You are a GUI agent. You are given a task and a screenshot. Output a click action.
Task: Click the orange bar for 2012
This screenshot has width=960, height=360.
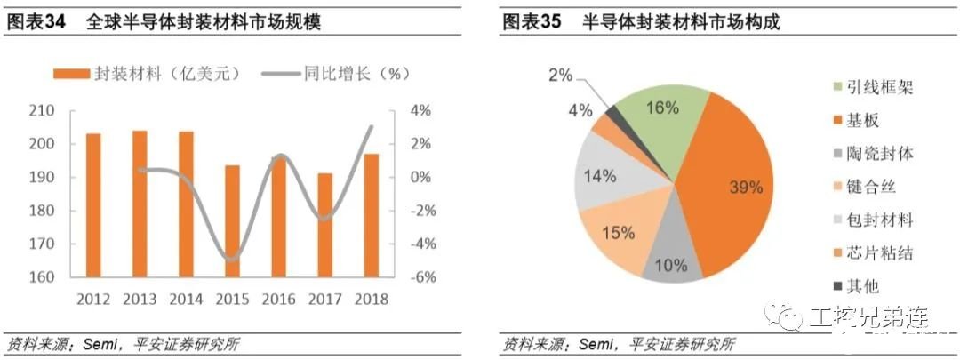(x=93, y=205)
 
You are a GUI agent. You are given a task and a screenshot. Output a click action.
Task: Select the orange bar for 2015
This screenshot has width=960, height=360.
(x=232, y=221)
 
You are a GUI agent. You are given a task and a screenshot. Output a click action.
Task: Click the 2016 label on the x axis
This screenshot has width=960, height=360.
(x=278, y=299)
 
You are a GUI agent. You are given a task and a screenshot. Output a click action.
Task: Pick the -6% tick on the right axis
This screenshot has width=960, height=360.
(x=421, y=277)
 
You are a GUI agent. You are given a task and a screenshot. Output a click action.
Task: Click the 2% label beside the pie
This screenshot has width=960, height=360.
(x=560, y=76)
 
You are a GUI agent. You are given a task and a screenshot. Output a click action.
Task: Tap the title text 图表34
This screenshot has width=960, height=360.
(x=36, y=22)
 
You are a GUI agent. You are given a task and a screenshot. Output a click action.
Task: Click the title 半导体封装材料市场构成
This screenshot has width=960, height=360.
(x=681, y=22)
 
